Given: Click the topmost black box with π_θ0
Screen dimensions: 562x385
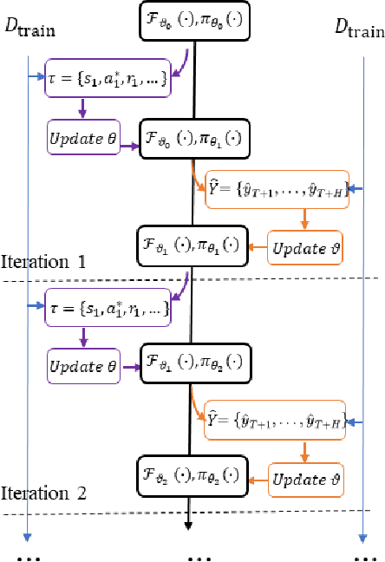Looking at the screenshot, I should click(192, 20).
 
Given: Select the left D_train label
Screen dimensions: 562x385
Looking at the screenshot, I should click(30, 31).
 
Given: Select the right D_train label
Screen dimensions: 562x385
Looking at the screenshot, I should click(359, 31).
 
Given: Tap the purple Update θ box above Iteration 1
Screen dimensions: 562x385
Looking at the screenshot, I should click(82, 137).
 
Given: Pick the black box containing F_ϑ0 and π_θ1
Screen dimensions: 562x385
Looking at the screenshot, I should click(192, 137).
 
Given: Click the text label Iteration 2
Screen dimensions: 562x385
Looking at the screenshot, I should click(44, 494).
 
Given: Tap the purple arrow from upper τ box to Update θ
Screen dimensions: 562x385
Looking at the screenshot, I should click(83, 108).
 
